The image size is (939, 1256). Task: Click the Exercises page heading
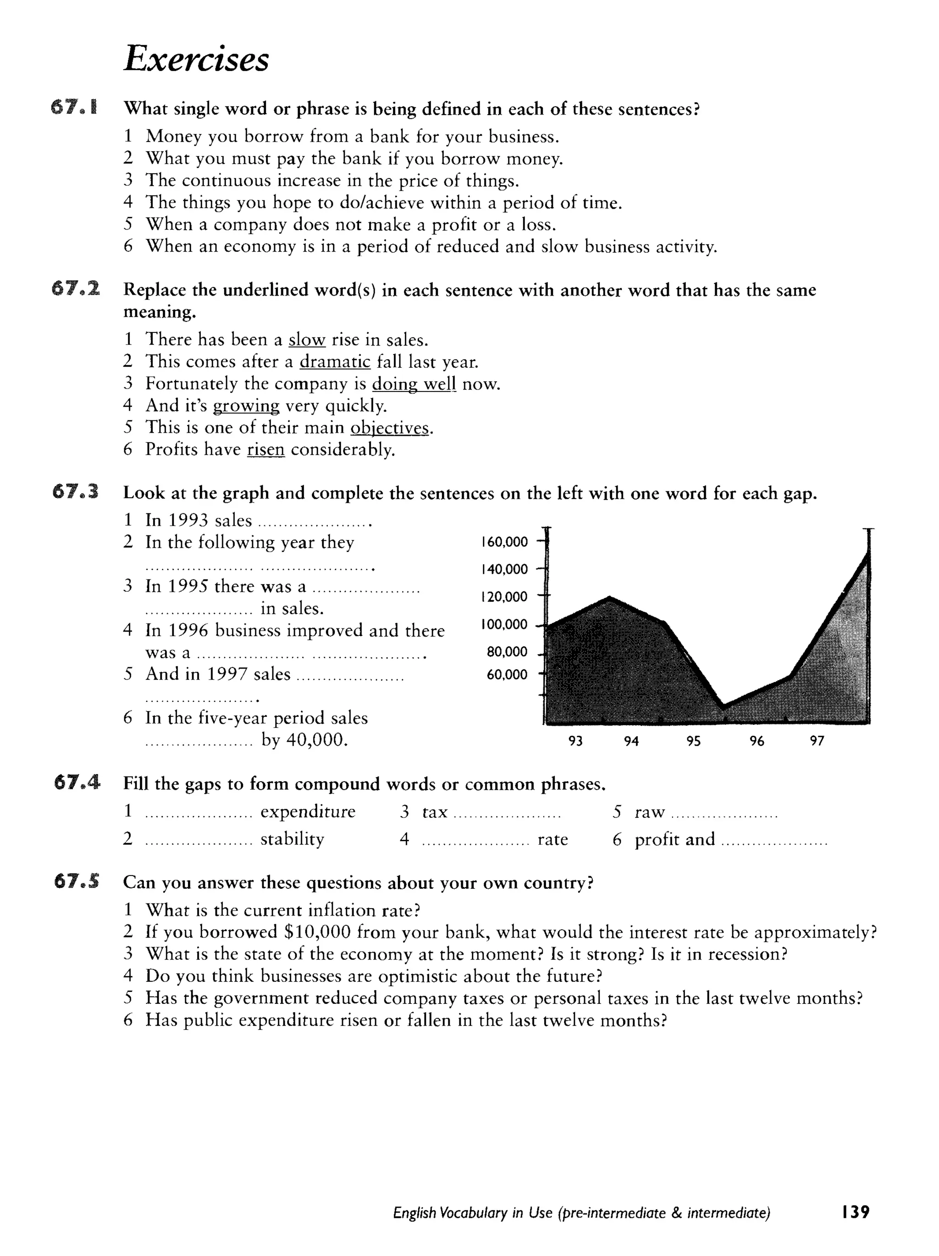pos(196,59)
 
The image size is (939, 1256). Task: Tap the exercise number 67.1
pos(74,107)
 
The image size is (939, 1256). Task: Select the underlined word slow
pos(307,340)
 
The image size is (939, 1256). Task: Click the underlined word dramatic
pos(335,362)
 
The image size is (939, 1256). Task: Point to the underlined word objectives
pos(390,428)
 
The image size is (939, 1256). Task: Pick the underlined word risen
pos(265,450)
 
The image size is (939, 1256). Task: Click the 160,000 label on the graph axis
pos(504,542)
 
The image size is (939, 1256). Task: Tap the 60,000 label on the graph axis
pos(507,675)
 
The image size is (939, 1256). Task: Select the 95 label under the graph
pos(693,741)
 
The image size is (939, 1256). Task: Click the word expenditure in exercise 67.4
pos(307,812)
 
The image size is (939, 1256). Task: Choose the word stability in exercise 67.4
pos(292,839)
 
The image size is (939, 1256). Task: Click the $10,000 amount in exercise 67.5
pos(315,932)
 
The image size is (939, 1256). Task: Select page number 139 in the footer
pos(856,1212)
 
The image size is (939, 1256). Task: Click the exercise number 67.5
pos(76,881)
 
